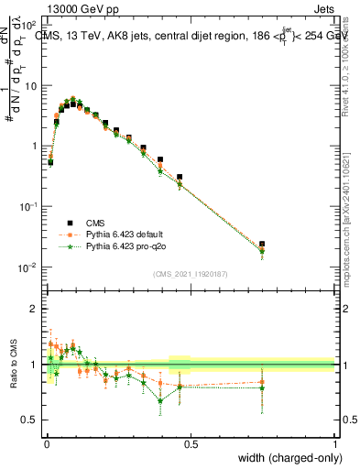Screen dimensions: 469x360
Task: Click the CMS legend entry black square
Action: click(x=67, y=223)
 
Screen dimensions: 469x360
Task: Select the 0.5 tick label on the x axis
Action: click(x=190, y=445)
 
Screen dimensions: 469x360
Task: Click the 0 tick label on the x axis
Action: click(x=45, y=445)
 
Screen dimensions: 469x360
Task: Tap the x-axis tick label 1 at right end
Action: click(x=334, y=445)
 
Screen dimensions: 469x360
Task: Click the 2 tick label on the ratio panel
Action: click(x=35, y=309)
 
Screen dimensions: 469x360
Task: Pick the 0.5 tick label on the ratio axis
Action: click(x=30, y=420)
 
